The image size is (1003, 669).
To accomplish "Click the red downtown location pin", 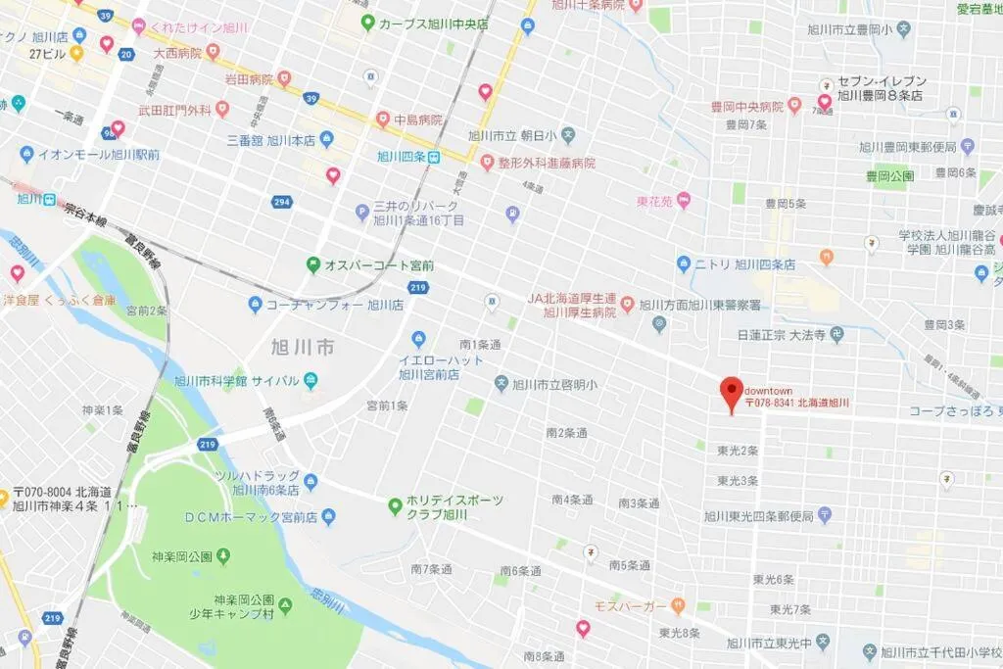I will click(731, 393).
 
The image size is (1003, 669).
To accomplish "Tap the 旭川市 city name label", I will click(304, 347).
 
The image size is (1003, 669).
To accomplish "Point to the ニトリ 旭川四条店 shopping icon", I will click(684, 264).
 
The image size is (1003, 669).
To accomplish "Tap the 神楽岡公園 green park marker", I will click(223, 557).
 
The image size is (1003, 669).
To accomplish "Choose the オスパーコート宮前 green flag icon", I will click(313, 264).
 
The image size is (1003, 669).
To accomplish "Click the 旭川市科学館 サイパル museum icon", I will click(310, 380).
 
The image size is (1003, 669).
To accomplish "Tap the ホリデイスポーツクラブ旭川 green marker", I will click(395, 506).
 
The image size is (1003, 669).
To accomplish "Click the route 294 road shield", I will click(283, 202).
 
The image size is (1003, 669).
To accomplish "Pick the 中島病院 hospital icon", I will click(382, 120).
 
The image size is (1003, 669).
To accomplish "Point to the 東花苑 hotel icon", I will click(683, 202).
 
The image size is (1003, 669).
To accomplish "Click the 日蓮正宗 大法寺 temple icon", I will click(836, 335).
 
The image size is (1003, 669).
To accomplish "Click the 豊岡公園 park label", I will click(889, 176).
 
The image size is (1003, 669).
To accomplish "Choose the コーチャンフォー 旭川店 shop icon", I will click(255, 305).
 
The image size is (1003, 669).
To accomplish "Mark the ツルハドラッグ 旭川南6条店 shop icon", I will click(310, 482).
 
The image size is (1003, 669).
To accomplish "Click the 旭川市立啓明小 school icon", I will click(501, 384).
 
